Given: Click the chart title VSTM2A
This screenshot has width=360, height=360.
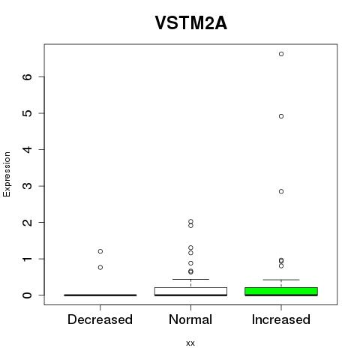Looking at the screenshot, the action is tap(191, 23).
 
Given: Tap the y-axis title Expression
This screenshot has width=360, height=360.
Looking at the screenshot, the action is tap(7, 174).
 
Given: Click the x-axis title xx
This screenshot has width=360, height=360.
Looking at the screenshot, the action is tap(190, 343).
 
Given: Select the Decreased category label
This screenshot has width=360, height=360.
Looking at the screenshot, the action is tap(100, 319).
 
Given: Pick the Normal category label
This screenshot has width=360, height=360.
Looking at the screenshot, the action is tap(190, 319).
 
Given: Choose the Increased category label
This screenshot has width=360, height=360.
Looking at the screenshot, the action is tap(281, 319).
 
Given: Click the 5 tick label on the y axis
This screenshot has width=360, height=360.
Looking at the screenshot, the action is tap(28, 113).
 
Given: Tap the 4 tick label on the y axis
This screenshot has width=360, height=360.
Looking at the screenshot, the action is tap(28, 149).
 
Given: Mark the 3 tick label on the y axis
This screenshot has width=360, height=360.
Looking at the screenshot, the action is tap(28, 186).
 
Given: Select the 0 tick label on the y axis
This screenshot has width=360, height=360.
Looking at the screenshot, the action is tap(28, 295).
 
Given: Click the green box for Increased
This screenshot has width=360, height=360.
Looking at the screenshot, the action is tap(281, 292).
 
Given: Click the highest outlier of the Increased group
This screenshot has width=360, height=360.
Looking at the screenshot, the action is tap(281, 54).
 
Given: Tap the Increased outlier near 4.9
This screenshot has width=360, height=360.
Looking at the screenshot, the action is tap(281, 116).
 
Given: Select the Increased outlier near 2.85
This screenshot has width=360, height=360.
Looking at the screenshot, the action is tap(281, 191).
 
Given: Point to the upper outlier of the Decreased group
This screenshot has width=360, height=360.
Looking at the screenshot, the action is tap(100, 251).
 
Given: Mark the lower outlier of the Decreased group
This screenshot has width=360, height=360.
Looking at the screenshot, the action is tap(100, 268).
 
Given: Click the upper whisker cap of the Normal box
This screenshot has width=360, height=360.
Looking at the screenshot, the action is tap(190, 279).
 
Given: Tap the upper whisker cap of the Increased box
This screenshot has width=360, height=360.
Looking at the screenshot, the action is tap(281, 280).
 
